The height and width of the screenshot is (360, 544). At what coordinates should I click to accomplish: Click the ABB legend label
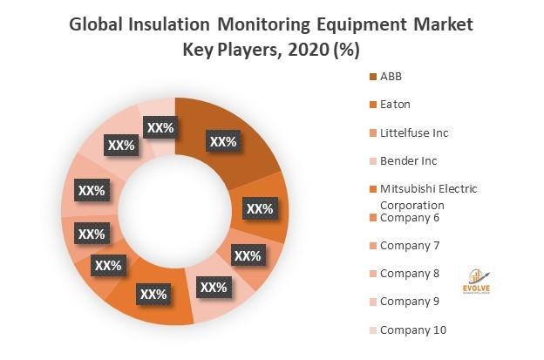click(391, 76)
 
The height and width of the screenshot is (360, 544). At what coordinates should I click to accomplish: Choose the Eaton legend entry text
click(394, 104)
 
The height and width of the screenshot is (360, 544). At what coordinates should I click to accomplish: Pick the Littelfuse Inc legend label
click(414, 132)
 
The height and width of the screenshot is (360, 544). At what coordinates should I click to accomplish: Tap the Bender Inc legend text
click(408, 160)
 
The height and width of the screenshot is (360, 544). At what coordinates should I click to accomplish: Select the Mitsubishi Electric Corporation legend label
click(428, 196)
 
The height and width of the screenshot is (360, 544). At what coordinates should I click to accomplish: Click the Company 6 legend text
click(410, 217)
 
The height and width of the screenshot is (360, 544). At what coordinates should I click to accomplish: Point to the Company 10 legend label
click(413, 329)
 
